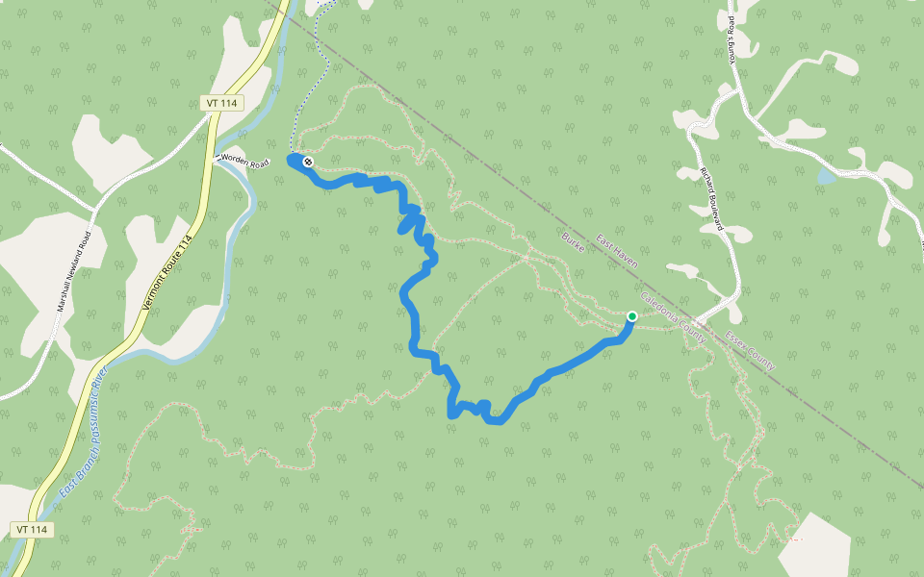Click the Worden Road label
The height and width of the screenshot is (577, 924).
click(244, 162)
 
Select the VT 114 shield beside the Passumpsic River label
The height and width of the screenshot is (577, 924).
click(33, 530)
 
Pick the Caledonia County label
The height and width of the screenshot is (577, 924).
click(673, 320)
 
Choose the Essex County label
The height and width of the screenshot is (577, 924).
click(750, 351)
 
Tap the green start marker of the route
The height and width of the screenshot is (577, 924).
click(632, 316)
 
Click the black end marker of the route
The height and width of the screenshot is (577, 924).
click(307, 163)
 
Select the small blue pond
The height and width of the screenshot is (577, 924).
click(825, 177)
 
